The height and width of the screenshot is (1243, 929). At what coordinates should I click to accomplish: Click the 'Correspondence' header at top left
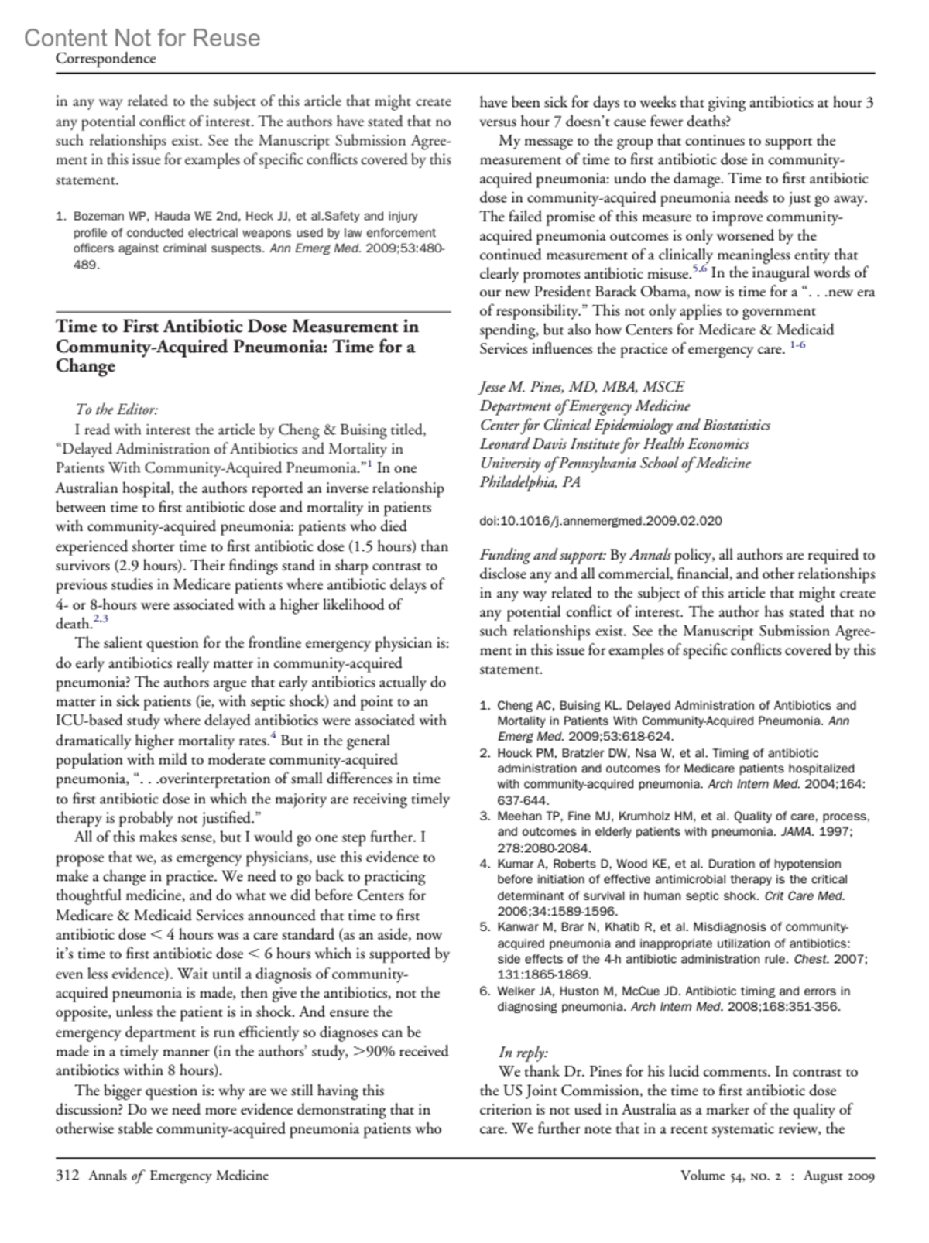(105, 59)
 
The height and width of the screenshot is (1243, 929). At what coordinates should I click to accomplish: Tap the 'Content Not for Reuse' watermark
(142, 38)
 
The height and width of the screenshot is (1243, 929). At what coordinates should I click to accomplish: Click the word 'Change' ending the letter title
(85, 366)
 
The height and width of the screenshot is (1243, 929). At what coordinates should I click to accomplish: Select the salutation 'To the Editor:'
(117, 410)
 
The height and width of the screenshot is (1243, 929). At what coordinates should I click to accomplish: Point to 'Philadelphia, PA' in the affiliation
(530, 482)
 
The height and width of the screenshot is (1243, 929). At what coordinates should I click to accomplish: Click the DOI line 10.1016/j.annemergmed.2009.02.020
(601, 521)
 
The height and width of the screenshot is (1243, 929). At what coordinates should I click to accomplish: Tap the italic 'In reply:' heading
(523, 1053)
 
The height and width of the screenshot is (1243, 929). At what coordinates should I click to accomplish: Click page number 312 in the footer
(67, 1176)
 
